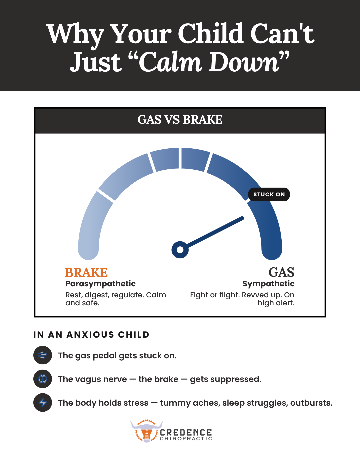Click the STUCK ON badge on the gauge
(269, 194)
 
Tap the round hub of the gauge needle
(180, 250)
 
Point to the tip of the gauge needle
(243, 218)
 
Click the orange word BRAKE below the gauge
(86, 272)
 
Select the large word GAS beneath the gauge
(281, 272)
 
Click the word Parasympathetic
(100, 284)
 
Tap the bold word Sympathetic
(268, 284)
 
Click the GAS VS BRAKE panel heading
(180, 119)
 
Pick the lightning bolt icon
(43, 403)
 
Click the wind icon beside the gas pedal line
(43, 355)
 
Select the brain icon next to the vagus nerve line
(43, 379)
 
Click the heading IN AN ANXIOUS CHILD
(91, 335)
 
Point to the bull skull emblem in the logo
(146, 431)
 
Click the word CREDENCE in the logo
(186, 432)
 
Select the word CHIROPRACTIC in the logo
(186, 438)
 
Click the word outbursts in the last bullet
(311, 403)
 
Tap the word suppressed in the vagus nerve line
(236, 379)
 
